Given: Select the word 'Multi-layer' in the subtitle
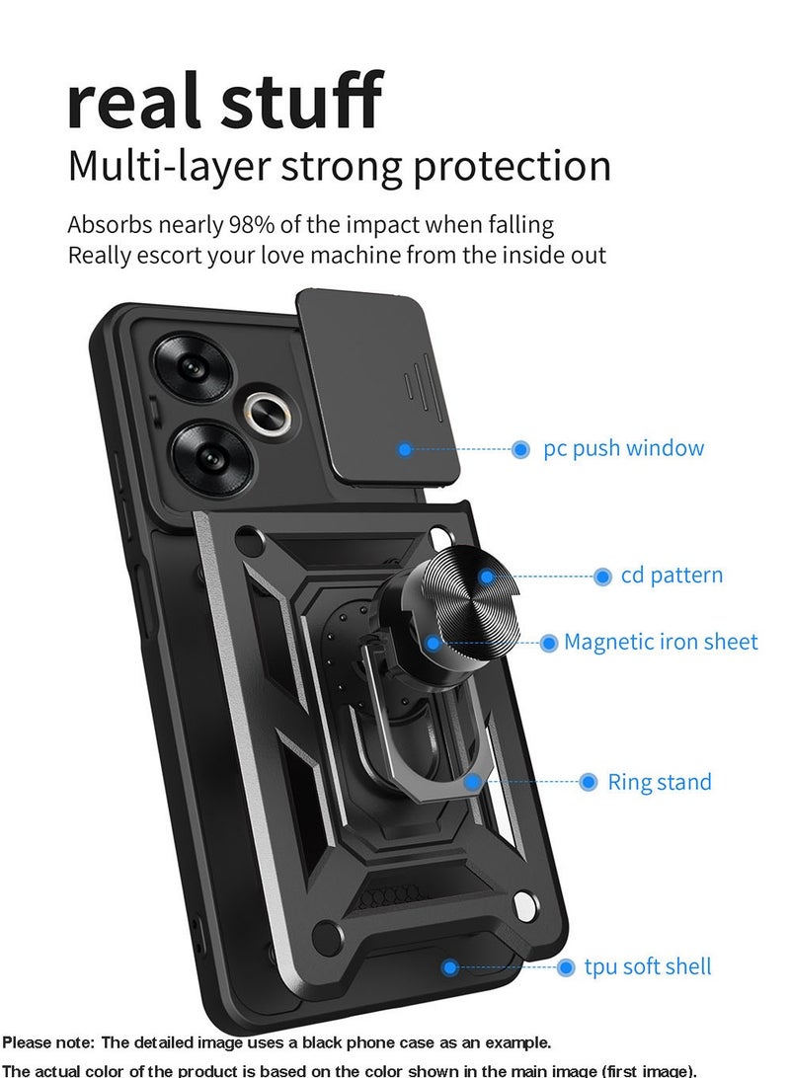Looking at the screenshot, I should tap(168, 167).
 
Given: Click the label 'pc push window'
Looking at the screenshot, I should tap(624, 448).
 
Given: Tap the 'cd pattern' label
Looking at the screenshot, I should tap(671, 575).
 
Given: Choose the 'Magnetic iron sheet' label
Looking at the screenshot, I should tap(661, 643).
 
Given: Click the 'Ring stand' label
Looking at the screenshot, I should tap(659, 783).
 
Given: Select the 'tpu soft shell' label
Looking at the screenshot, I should tap(647, 966).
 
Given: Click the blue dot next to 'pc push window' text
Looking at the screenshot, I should tap(520, 449).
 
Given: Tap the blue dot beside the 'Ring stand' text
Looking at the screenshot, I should tap(589, 782).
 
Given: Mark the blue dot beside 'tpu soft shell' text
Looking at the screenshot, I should tap(566, 967).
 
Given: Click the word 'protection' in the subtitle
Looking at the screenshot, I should tap(512, 167).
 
